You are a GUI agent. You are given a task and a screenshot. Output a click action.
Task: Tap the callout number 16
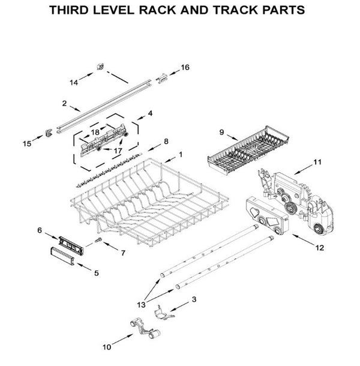(x=185, y=67)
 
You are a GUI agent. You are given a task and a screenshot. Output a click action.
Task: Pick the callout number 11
(x=318, y=161)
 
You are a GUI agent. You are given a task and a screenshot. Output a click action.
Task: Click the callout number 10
(x=107, y=346)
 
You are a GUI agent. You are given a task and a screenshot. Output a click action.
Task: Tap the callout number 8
(x=166, y=141)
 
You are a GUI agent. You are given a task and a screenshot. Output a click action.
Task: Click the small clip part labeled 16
(x=162, y=76)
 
